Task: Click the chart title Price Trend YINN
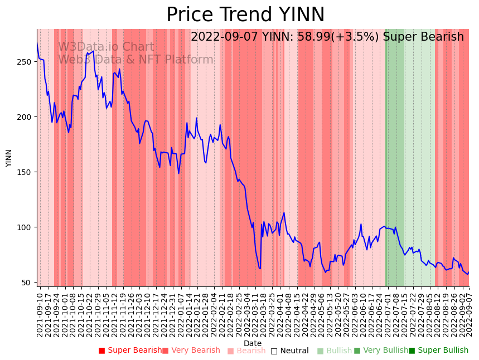point(245,15)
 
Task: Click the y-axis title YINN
point(9,158)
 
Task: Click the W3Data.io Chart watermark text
point(106,47)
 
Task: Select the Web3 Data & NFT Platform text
point(136,60)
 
